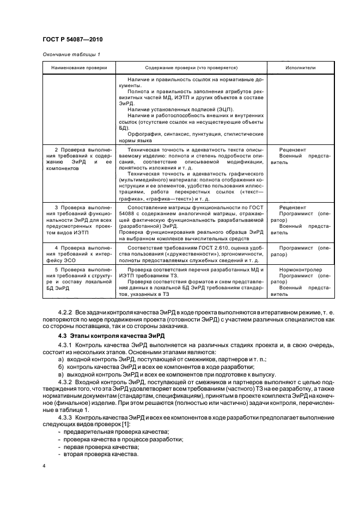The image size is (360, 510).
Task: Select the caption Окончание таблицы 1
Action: pyautogui.click(x=71, y=54)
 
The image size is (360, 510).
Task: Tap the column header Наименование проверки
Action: pyautogui.click(x=78, y=68)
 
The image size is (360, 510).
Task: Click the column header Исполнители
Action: pyautogui.click(x=300, y=68)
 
